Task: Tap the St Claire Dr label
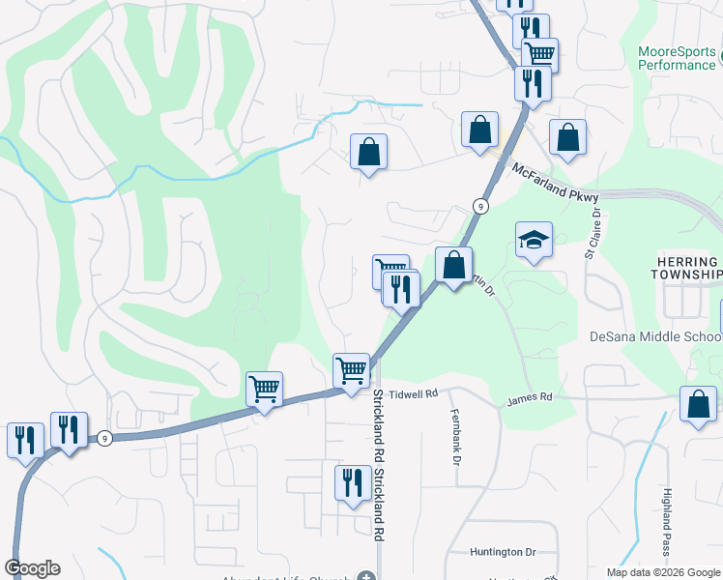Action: point(592,234)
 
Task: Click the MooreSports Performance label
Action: point(677,58)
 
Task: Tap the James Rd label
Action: point(529,397)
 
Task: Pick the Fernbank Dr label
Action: point(454,435)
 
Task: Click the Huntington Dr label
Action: point(503,552)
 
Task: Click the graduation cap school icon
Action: point(534,241)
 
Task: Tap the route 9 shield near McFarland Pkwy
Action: point(479,206)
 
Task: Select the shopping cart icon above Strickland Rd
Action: point(351,369)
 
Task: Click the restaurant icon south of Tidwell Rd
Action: point(353,481)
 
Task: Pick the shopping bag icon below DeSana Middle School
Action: point(698,403)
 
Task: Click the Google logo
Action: point(32,568)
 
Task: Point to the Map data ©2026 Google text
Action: point(662,572)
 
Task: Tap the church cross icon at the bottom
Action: point(364,577)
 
